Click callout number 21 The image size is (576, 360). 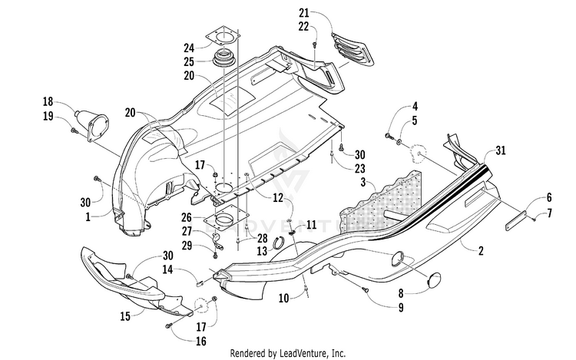[304, 13]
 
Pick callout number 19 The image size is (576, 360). [48, 117]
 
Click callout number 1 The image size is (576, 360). [88, 217]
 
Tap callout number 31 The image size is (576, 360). [500, 150]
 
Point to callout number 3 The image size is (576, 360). [363, 182]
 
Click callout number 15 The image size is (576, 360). [125, 316]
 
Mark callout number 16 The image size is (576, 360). [201, 342]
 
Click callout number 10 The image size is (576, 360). [283, 298]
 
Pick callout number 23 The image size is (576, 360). [360, 168]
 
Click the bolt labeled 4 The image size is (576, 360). [388, 136]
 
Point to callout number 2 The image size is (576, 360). [481, 251]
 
